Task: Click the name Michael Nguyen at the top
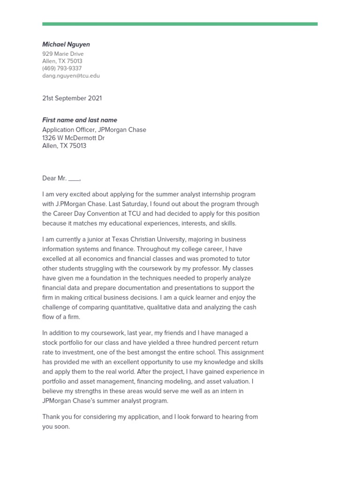(x=66, y=45)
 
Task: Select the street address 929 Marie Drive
(x=63, y=54)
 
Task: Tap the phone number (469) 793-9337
(x=62, y=68)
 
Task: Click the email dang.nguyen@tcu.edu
(x=71, y=75)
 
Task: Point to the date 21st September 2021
(x=72, y=98)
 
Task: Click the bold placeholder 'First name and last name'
(x=80, y=120)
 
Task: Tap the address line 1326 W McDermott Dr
(x=74, y=138)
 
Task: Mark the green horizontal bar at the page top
(x=180, y=24)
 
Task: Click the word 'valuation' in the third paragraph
(x=240, y=382)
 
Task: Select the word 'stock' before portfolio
(x=50, y=343)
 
